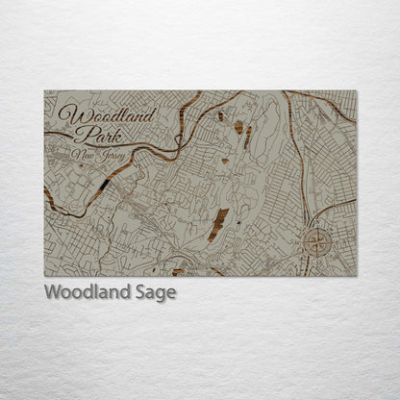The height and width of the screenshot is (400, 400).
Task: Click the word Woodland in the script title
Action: (107, 116)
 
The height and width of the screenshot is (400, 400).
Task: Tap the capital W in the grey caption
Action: (51, 292)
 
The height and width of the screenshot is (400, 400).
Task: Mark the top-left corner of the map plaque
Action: (45, 91)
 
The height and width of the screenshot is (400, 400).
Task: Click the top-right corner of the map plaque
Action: (356, 91)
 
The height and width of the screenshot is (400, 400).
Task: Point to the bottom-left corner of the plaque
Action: (45, 276)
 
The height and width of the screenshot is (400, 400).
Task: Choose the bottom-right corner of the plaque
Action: (356, 276)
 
